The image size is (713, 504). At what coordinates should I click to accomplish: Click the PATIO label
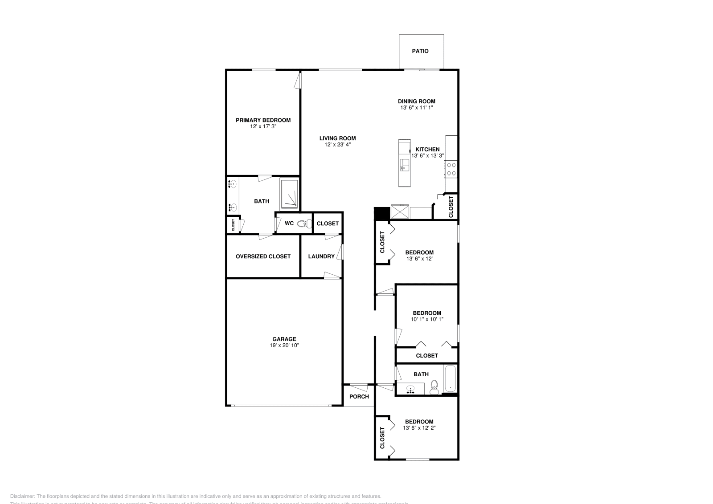420,51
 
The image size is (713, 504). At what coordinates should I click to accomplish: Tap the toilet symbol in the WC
304,224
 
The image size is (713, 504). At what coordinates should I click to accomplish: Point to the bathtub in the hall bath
450,378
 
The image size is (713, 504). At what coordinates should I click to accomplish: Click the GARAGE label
284,339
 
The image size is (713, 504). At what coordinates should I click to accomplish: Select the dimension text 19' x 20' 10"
284,345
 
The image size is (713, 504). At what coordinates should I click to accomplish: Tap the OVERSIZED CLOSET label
263,256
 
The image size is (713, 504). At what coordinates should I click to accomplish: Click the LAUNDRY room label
321,256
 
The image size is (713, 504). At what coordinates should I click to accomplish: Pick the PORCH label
359,397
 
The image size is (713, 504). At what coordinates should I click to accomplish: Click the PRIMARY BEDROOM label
263,120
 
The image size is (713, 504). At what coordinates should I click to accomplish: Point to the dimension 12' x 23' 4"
337,145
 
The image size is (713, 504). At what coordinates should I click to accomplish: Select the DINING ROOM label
416,102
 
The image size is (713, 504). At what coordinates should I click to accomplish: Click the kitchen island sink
404,165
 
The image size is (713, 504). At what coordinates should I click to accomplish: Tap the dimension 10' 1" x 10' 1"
426,319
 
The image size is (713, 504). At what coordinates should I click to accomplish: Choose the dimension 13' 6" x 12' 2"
419,428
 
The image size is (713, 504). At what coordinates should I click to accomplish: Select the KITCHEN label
427,150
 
